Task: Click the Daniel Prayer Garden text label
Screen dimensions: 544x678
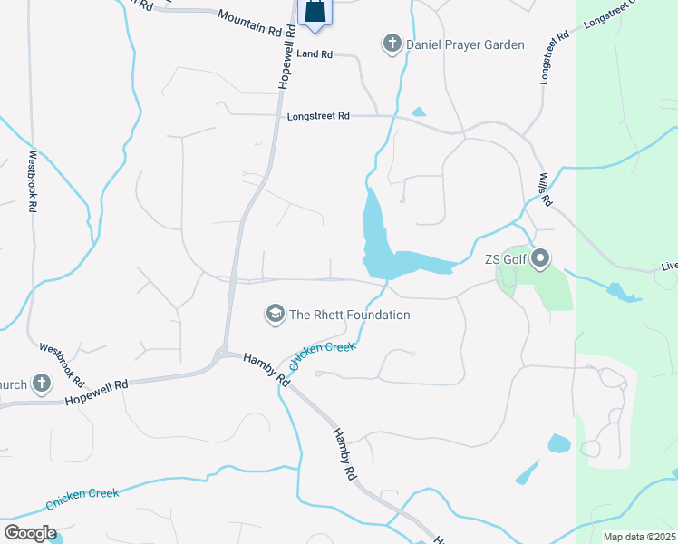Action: [x=465, y=44]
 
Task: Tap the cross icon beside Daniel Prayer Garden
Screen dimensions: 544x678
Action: [x=392, y=44]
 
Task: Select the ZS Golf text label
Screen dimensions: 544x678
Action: [x=506, y=259]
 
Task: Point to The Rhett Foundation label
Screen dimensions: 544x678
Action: [x=349, y=315]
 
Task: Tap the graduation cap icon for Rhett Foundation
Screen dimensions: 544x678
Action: [x=275, y=315]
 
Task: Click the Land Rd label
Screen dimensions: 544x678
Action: [x=315, y=54]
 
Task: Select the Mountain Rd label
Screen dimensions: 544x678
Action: [x=251, y=23]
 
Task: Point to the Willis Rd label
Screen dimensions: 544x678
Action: [x=544, y=191]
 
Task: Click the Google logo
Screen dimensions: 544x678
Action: [x=31, y=532]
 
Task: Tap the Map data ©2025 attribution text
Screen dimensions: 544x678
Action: [x=640, y=537]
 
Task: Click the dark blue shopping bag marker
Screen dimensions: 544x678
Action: [x=314, y=11]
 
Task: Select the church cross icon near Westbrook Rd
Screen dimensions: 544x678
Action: [x=41, y=384]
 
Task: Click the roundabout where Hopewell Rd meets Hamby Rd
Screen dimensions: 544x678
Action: [x=221, y=355]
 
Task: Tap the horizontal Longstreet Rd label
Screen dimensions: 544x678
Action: [x=318, y=116]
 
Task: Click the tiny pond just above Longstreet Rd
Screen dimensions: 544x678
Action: [x=418, y=112]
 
